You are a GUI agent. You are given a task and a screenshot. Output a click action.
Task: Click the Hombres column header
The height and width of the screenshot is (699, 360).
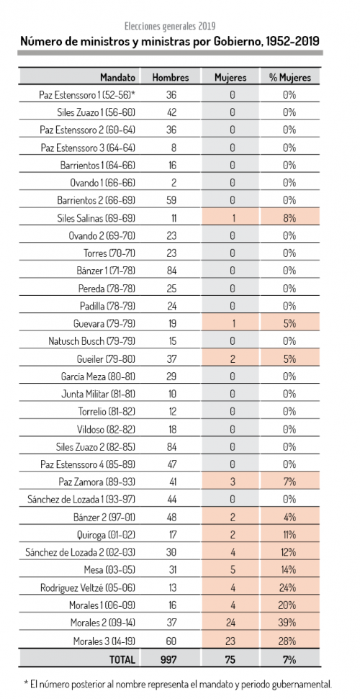click(171, 77)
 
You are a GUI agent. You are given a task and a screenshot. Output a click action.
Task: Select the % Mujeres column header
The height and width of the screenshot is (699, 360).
click(290, 77)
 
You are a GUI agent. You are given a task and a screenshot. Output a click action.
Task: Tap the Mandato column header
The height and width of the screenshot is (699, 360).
click(118, 77)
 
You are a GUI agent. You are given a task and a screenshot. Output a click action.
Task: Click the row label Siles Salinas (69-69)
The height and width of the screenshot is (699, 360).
click(96, 218)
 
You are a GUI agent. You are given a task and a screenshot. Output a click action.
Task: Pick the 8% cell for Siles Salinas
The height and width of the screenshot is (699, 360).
click(289, 218)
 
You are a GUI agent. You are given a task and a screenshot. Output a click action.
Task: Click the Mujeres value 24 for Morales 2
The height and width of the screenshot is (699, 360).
click(232, 622)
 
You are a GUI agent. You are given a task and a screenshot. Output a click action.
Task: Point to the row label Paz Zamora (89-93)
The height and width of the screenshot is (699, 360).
click(97, 482)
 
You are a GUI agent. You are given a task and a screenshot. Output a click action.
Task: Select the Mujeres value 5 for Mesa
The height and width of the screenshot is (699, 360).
click(232, 569)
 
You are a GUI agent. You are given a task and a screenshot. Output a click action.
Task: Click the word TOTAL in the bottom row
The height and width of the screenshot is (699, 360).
click(122, 659)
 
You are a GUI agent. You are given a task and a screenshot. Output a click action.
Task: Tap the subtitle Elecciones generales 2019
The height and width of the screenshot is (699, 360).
click(170, 26)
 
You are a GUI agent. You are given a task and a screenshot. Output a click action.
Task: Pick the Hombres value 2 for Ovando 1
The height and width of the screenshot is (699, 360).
click(174, 183)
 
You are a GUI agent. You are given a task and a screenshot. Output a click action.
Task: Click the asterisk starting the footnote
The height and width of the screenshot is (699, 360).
click(26, 683)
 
